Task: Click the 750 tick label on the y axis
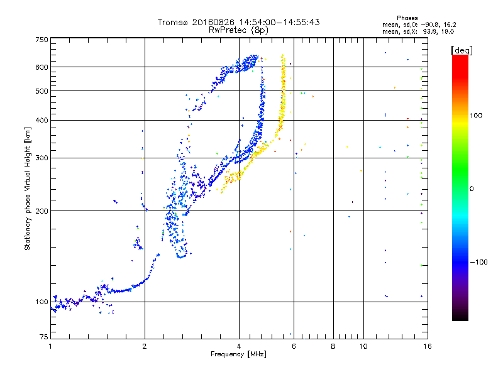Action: tap(41, 39)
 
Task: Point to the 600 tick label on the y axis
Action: tap(41, 67)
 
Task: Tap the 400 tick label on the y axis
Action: tap(41, 120)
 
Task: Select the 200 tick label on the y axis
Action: tap(41, 210)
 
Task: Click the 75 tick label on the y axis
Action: tap(43, 338)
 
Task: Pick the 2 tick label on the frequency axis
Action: tap(145, 346)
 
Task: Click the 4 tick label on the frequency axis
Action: tap(239, 346)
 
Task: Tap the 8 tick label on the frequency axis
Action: tap(333, 346)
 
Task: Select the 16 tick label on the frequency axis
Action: tap(426, 346)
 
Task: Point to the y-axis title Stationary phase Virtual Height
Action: tap(28, 188)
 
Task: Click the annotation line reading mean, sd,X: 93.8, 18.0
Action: tap(414, 31)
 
